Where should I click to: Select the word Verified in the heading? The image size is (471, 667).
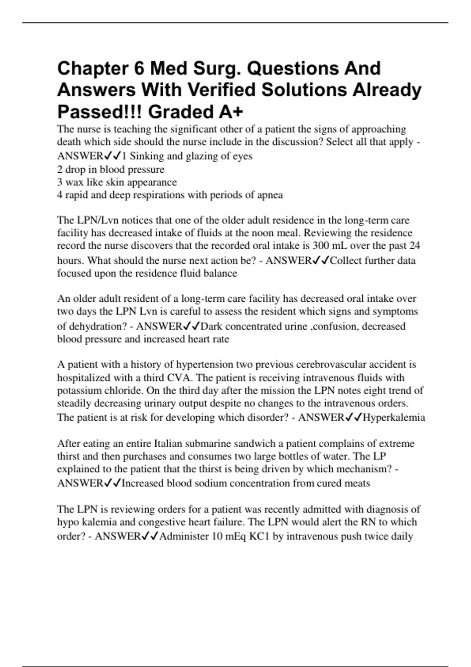pos(221,90)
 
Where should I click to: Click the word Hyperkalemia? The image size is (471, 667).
pos(394,417)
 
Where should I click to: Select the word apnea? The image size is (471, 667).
pos(270,195)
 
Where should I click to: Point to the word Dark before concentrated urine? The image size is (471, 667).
pos(212,326)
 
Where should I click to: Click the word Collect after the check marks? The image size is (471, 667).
pos(345,261)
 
